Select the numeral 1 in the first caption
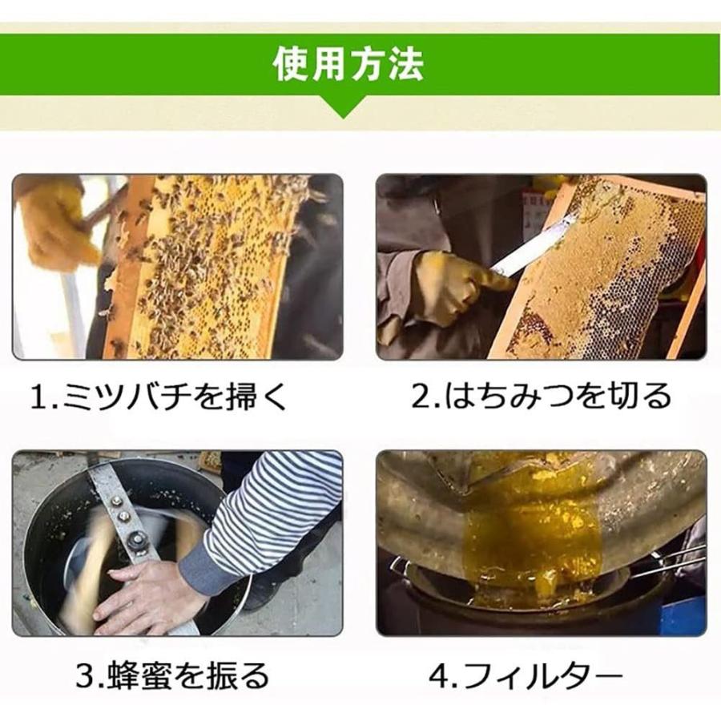pos(37,397)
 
